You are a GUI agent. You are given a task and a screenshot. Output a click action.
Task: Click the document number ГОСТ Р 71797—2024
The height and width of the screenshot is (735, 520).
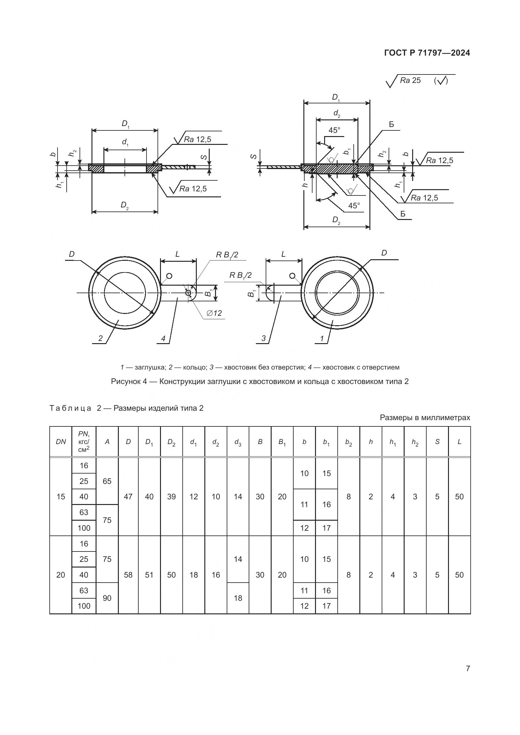pos(427,53)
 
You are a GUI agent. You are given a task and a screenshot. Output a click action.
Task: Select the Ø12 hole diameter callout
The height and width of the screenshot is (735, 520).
pos(214,313)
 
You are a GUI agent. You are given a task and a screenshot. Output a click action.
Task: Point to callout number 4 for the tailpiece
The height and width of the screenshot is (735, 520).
pos(163,338)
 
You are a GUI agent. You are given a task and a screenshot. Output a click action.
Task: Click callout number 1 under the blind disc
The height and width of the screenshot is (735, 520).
pos(322,338)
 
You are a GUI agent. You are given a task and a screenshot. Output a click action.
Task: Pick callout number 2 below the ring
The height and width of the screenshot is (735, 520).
pos(101,338)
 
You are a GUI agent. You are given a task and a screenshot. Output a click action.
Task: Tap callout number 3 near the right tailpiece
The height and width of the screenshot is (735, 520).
pos(263,338)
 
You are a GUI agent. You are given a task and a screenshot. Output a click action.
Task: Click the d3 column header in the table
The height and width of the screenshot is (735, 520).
pos(238,442)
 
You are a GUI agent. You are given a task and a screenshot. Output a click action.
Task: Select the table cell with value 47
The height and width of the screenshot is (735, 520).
pos(128,496)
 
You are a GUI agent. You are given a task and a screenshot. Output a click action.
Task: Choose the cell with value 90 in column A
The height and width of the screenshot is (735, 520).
pos(107,598)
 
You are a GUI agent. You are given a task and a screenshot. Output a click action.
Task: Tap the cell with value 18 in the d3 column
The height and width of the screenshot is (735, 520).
pos(238,598)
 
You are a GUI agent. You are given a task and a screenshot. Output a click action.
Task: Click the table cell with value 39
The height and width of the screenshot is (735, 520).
pos(171,496)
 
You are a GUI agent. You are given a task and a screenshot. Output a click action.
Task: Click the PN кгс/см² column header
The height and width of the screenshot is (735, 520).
pos(84,442)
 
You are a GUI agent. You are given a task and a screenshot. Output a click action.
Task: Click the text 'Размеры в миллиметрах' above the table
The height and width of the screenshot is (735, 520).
pos(425,417)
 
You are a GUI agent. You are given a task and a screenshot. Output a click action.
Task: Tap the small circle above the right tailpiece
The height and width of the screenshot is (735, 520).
pos(292,276)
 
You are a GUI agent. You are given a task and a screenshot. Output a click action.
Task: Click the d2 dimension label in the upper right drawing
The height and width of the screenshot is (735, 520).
pos(336,113)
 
